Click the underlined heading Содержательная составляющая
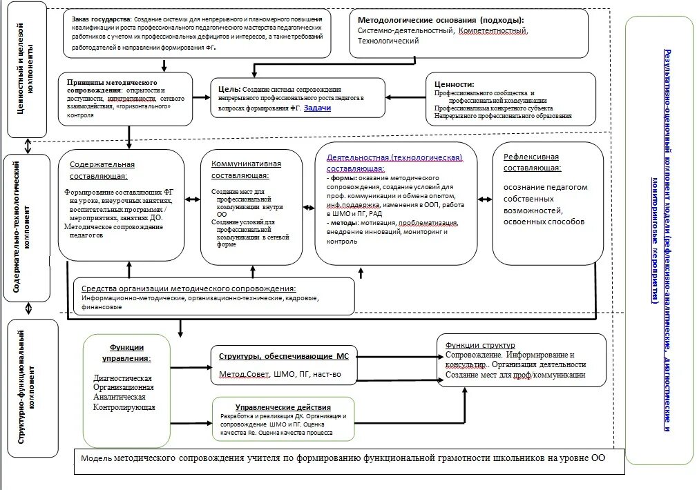[102, 170]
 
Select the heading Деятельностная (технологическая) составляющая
[393, 162]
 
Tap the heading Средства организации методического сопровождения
[189, 288]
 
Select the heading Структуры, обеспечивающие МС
[284, 356]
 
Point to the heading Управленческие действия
[283, 408]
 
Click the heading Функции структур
[480, 345]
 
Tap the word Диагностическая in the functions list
[123, 379]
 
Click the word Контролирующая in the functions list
[124, 408]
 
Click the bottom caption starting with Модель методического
[343, 458]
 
